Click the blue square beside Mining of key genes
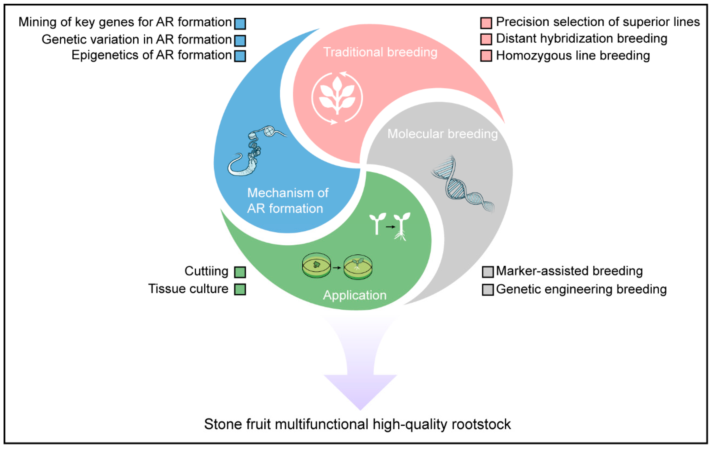pos(240,24)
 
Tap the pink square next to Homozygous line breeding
pos(486,56)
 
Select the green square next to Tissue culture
pos(240,289)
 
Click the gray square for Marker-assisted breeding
pos(488,272)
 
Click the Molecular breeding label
pos(442,134)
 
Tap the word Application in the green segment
pos(355,295)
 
